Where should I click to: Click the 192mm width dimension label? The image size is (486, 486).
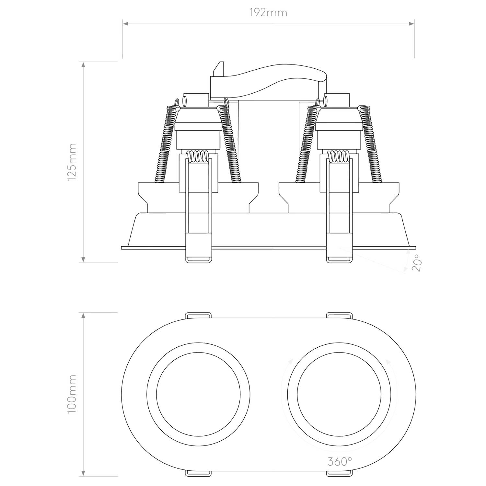(268, 13)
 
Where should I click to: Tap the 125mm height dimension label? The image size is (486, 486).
(72, 162)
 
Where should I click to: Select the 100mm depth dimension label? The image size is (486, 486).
(72, 394)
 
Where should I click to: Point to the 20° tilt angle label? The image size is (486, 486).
(417, 263)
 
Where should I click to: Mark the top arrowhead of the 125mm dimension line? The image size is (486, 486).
(84, 65)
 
